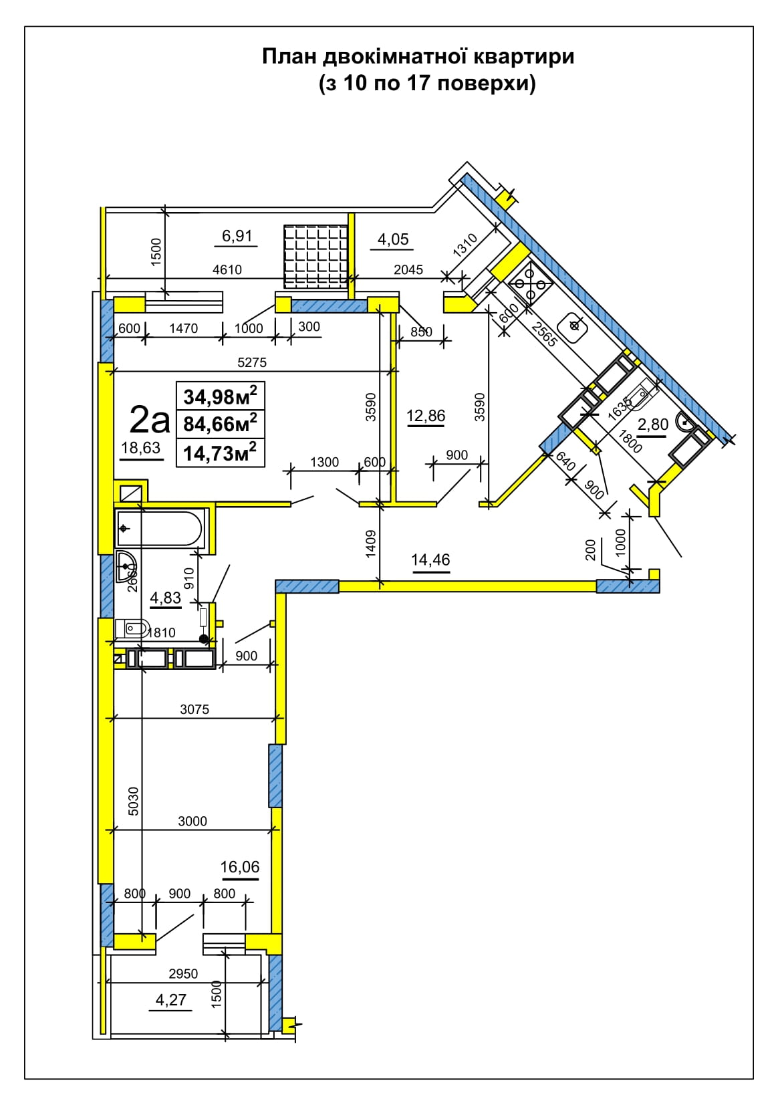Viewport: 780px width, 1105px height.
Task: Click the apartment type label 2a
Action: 150,420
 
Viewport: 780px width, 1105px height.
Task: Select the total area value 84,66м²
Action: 220,423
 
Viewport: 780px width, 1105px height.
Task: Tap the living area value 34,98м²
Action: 220,396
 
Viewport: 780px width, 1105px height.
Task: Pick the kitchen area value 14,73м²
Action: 220,452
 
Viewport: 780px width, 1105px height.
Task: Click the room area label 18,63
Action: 141,447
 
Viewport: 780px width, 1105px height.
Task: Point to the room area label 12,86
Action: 426,416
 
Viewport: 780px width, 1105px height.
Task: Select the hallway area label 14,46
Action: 430,560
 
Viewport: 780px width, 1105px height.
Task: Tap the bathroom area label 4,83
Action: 165,598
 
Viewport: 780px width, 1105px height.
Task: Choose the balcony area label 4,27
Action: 170,1000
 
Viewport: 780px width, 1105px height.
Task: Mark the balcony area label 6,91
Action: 237,236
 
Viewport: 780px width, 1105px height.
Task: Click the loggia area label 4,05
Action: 393,239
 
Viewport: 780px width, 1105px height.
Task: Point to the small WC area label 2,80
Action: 653,424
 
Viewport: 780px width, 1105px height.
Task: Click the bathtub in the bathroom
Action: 159,528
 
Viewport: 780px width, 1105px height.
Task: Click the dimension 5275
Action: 251,362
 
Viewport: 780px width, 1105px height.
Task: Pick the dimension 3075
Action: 194,709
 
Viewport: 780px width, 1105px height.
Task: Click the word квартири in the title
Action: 524,57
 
